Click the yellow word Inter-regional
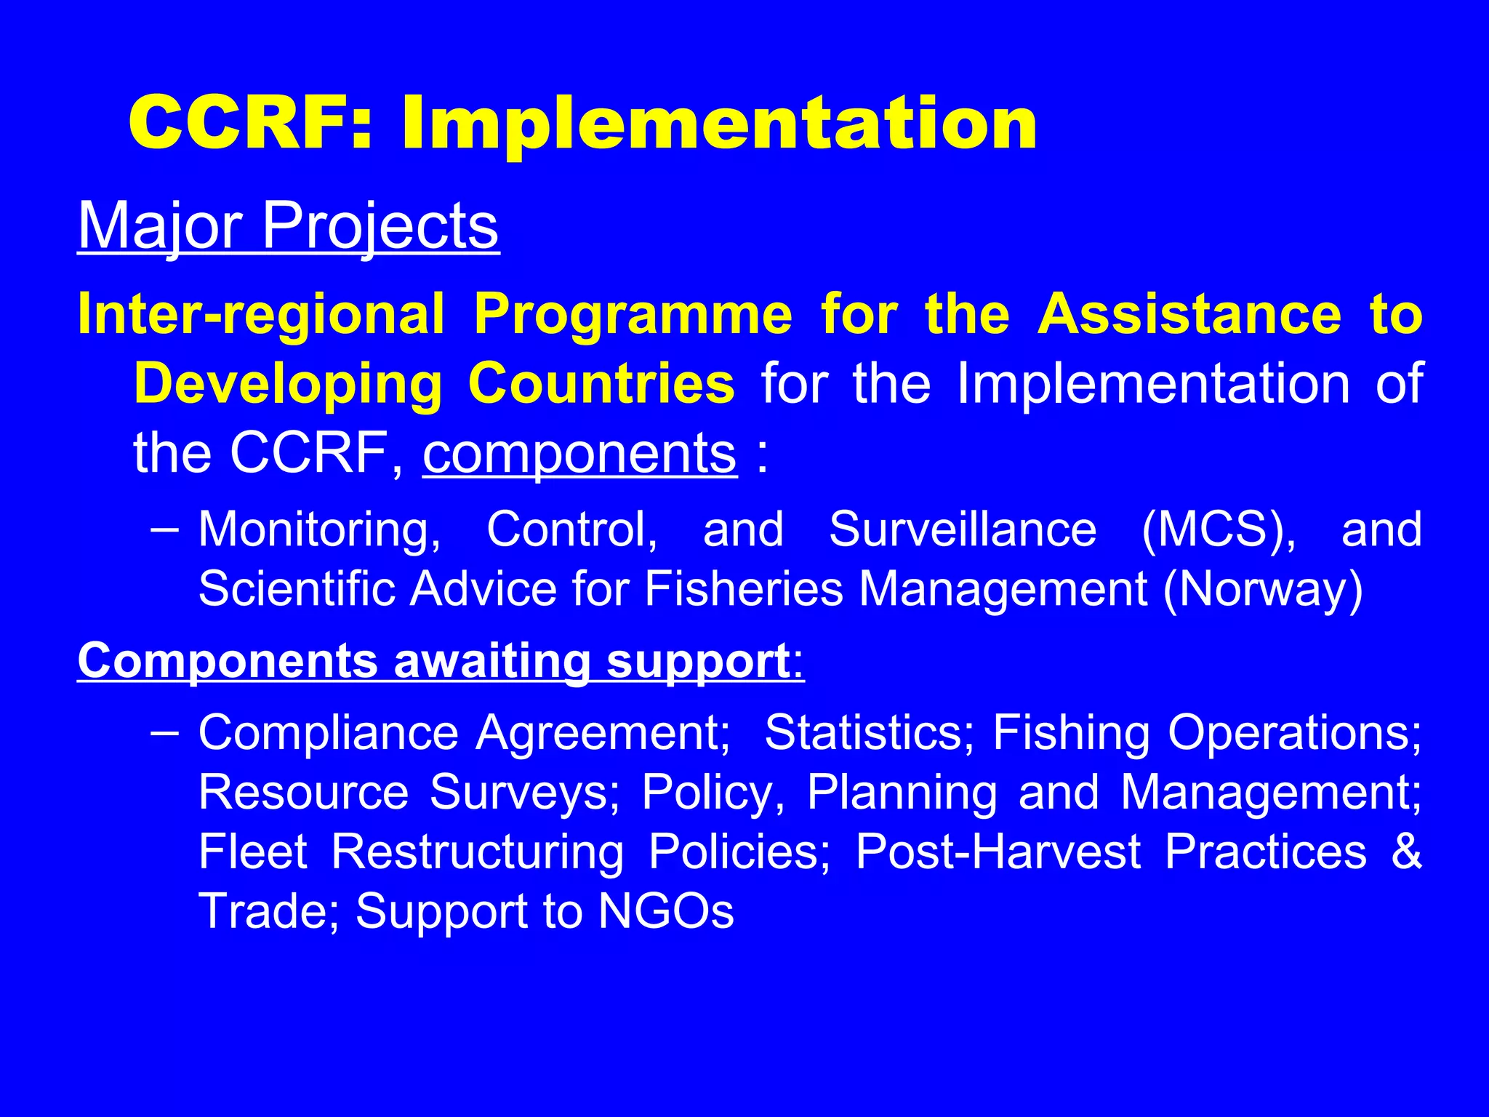click(x=261, y=315)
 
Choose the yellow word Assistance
click(x=1189, y=315)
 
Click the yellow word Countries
click(x=601, y=384)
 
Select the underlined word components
click(x=579, y=454)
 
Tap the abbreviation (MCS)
click(x=1219, y=529)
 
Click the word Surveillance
click(x=963, y=529)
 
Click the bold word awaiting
click(x=492, y=661)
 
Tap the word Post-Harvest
click(x=998, y=852)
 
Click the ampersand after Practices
click(x=1406, y=852)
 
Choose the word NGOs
click(x=666, y=911)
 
